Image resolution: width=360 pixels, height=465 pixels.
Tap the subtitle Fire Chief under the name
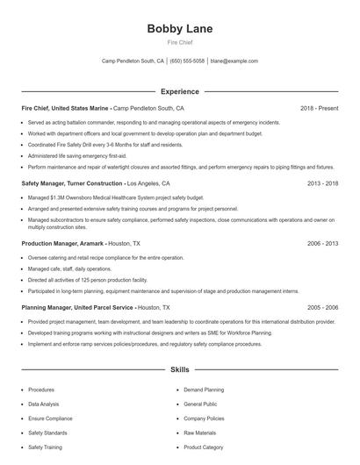click(179, 41)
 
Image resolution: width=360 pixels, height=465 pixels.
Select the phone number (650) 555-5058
click(188, 61)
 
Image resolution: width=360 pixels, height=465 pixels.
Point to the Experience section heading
click(179, 91)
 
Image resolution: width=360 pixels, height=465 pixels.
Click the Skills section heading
click(179, 370)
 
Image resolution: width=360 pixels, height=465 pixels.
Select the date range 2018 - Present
click(319, 108)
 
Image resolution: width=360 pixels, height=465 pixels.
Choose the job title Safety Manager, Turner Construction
click(72, 183)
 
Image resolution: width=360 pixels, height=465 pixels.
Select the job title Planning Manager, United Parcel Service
click(78, 308)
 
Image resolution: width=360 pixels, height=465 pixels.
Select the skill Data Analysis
click(45, 404)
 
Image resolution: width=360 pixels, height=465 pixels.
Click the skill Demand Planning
click(204, 389)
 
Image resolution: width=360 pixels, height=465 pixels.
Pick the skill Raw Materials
click(200, 433)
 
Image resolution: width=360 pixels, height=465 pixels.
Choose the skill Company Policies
click(204, 418)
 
